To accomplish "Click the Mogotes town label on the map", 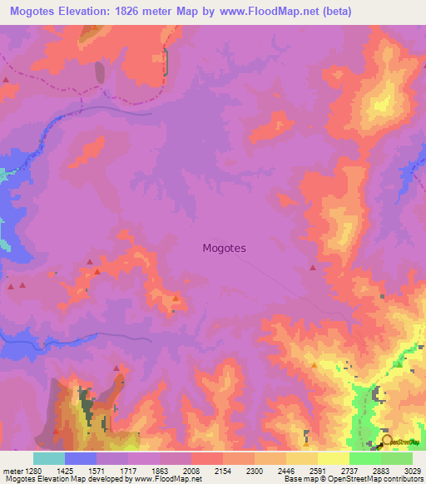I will coord(224,248).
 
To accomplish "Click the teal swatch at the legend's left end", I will coord(48,458).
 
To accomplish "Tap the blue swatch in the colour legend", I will coord(80,458).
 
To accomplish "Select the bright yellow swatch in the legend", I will coord(333,458).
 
